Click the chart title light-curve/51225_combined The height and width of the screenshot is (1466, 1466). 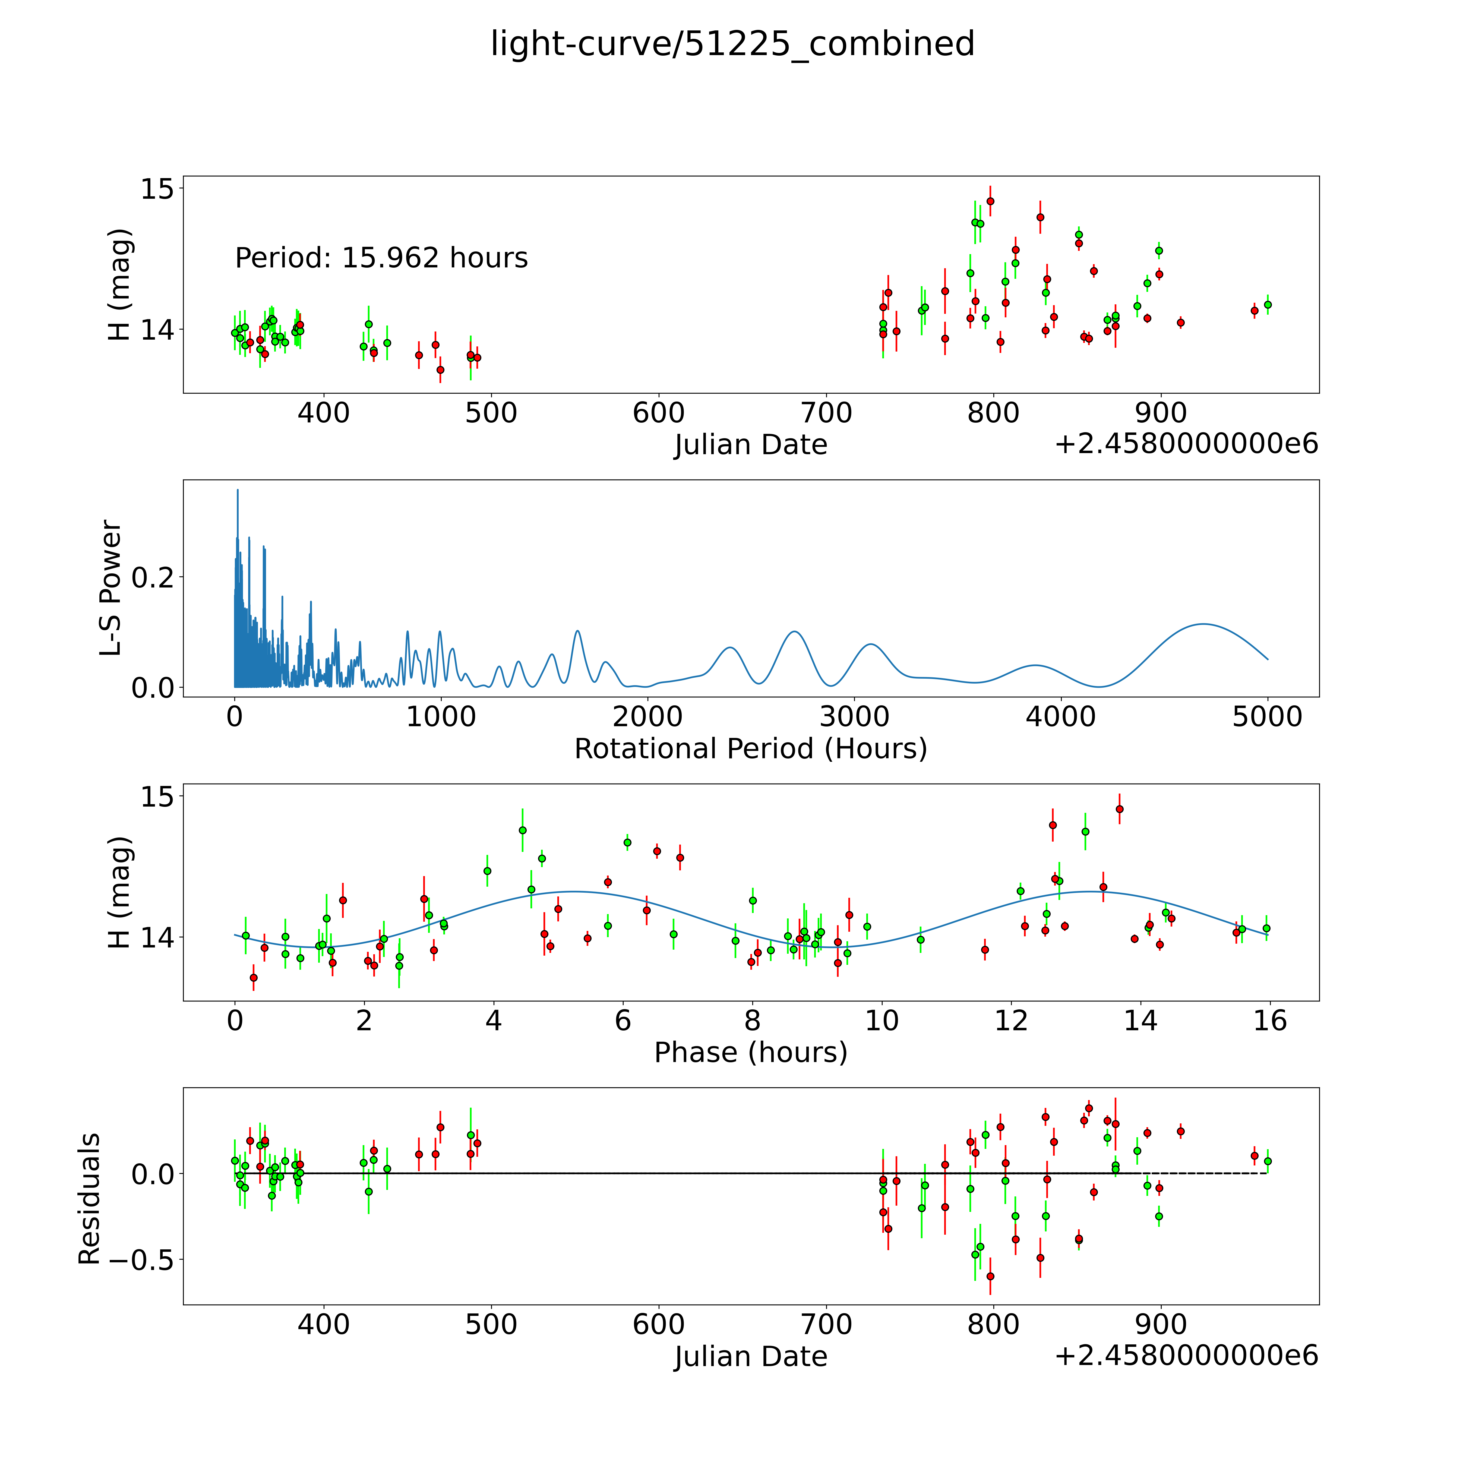tap(732, 43)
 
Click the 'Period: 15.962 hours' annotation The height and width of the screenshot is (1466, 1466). tap(381, 258)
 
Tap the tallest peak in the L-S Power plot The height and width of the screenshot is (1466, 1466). tap(238, 490)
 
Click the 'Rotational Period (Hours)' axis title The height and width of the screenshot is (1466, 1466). tap(750, 749)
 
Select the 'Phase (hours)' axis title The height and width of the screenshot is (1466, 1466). tap(750, 1053)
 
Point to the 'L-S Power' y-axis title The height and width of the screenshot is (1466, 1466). tap(111, 588)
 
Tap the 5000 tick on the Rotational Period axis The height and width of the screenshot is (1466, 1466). tap(1267, 716)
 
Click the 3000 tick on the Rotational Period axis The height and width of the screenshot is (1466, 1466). tap(854, 716)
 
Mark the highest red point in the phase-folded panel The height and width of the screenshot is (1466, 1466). tap(1119, 809)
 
